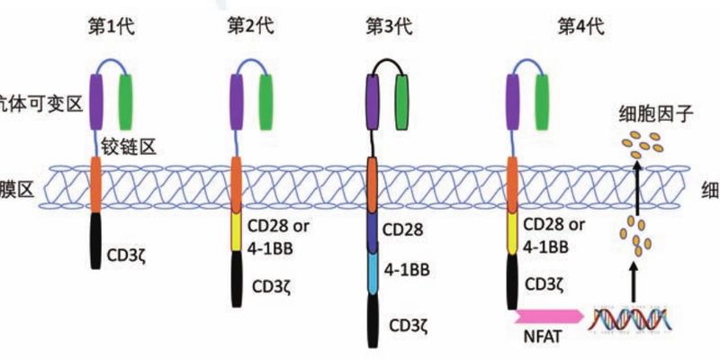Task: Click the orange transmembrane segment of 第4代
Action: click(513, 184)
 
